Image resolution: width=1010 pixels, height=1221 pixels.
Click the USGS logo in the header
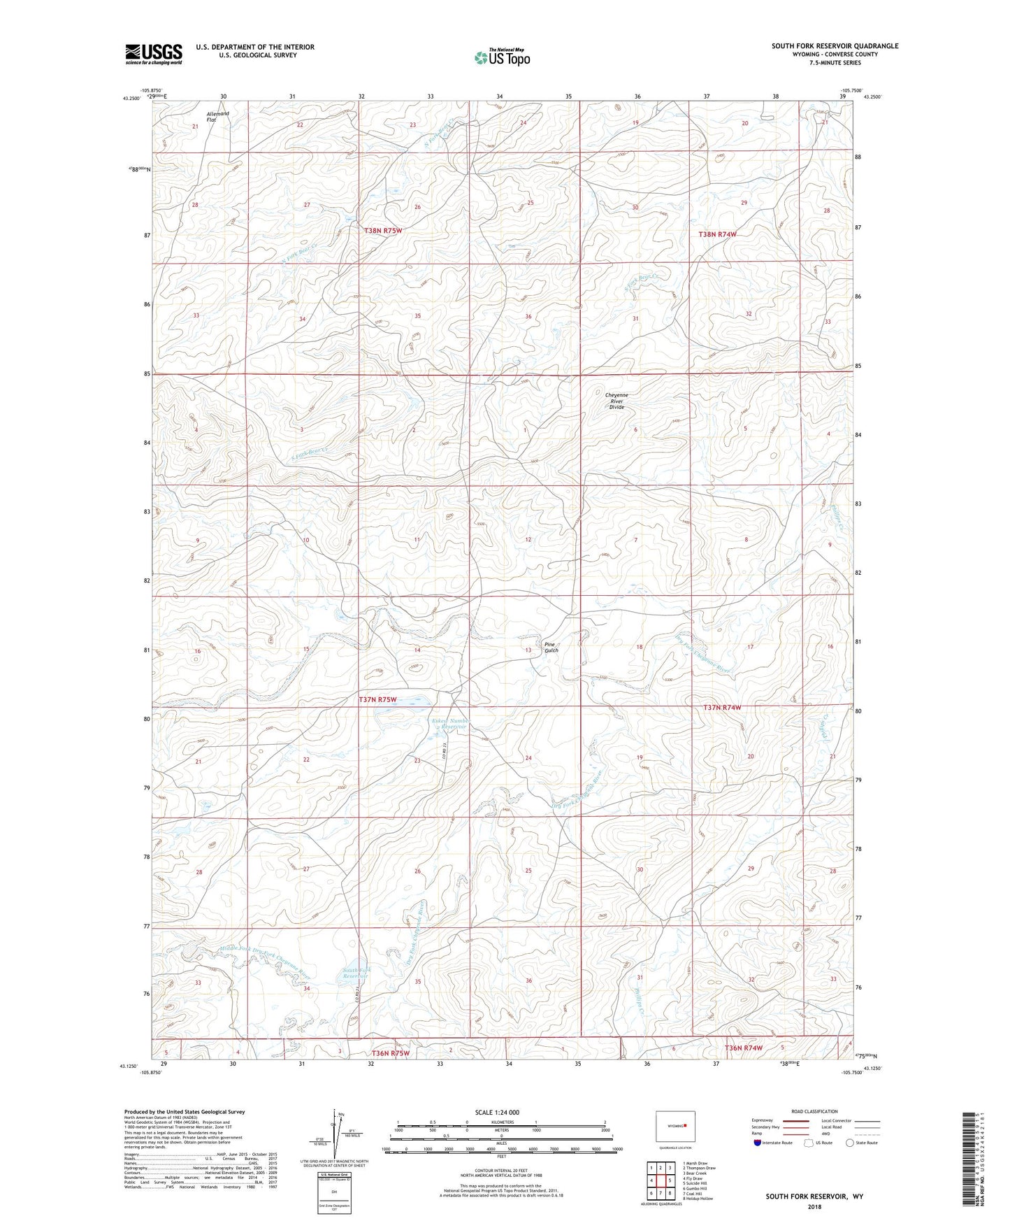click(x=154, y=53)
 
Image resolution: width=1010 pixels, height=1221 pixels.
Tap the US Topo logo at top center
click(x=501, y=57)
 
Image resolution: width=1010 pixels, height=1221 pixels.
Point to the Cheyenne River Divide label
click(x=616, y=400)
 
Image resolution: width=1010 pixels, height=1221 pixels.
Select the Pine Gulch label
click(x=551, y=647)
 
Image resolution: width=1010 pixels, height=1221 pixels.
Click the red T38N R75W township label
click(x=383, y=230)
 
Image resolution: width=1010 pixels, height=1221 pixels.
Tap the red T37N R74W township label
click(x=721, y=707)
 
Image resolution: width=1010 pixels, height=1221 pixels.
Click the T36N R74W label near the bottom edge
click(x=743, y=1048)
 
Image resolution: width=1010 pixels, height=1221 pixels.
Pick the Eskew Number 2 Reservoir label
click(x=450, y=724)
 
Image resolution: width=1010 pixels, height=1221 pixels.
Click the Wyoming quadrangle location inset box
click(x=674, y=1126)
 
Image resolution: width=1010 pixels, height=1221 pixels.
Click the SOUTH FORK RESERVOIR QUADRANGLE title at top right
click(x=835, y=46)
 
